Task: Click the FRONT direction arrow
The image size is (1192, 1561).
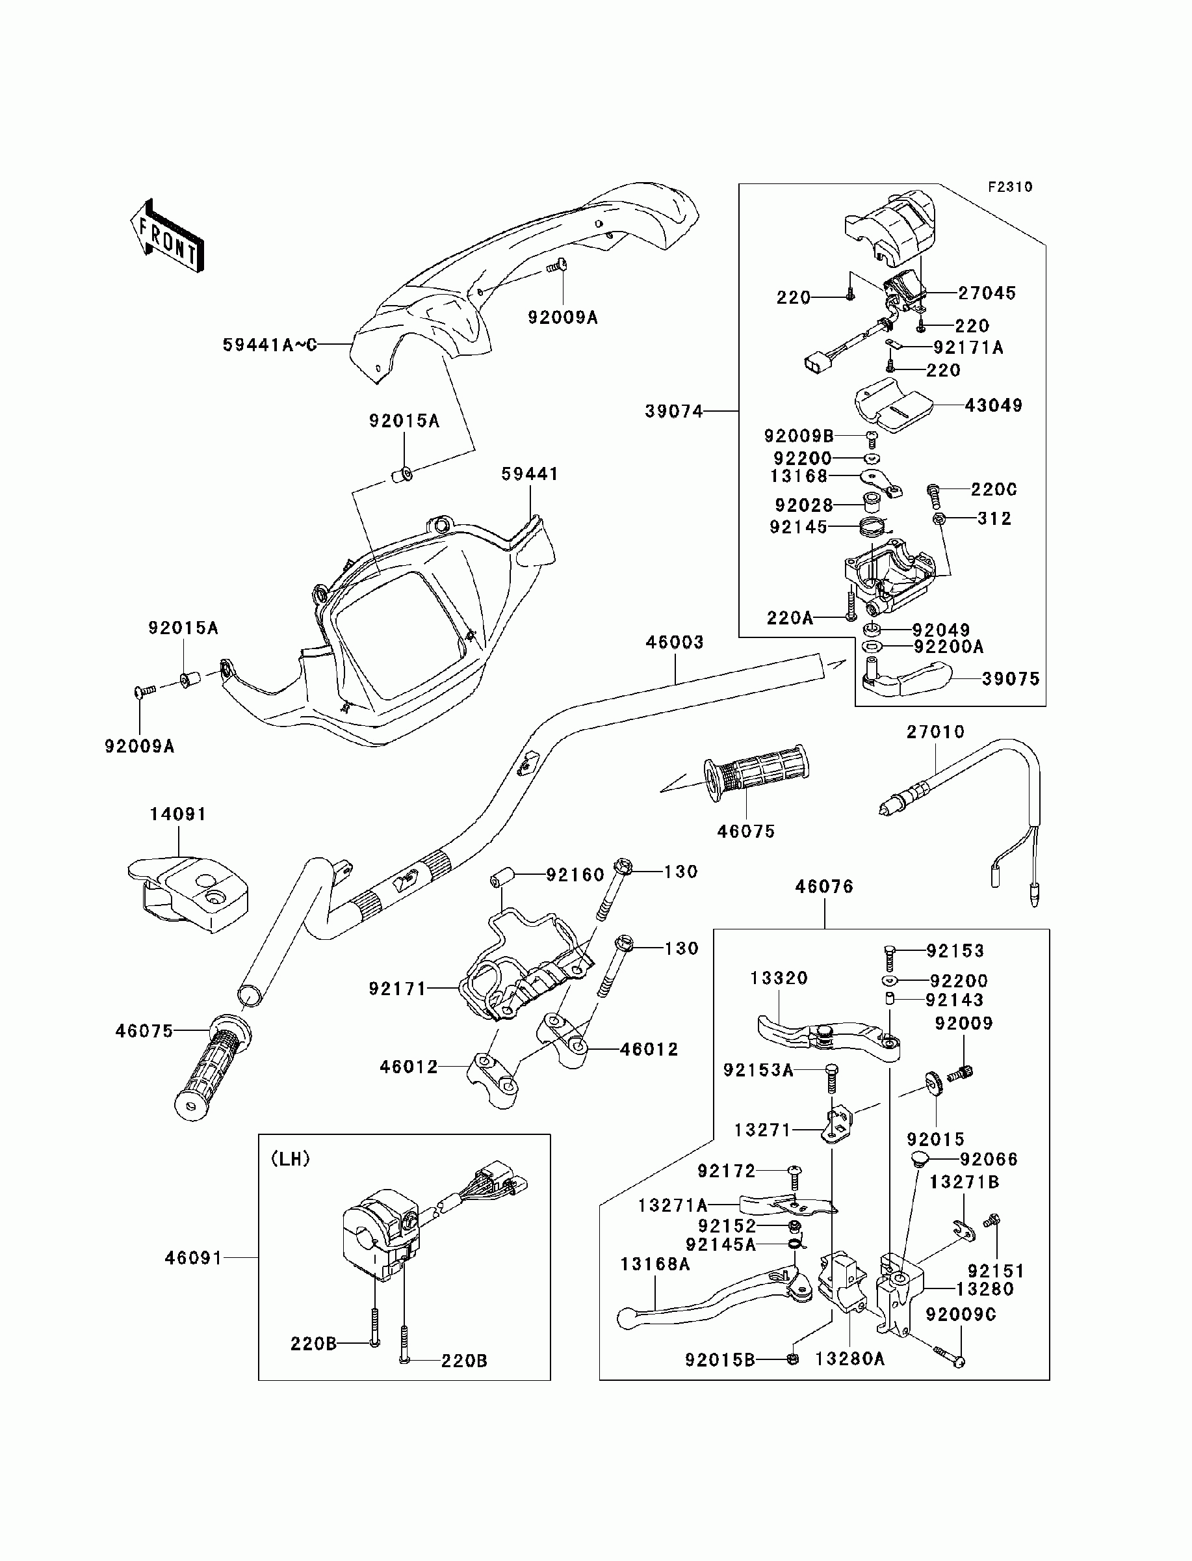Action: click(x=168, y=236)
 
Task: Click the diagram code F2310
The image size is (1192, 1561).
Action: click(x=1011, y=187)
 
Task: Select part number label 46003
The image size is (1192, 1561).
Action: click(x=675, y=643)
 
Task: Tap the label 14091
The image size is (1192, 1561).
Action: click(x=178, y=814)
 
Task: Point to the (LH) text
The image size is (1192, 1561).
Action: click(x=290, y=1158)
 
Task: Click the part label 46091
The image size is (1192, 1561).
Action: click(x=194, y=1258)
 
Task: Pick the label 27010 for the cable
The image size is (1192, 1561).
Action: click(x=936, y=732)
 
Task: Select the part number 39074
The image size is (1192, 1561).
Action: click(x=674, y=411)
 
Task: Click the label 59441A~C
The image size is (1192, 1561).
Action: click(x=270, y=345)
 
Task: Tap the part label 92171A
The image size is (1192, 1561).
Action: click(x=968, y=347)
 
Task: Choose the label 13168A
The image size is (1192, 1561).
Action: click(x=655, y=1264)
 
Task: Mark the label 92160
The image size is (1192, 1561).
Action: click(x=575, y=875)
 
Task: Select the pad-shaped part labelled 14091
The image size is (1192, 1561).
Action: click(x=188, y=893)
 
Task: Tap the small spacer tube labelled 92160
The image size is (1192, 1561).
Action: click(x=502, y=875)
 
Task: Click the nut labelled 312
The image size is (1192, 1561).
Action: click(x=939, y=519)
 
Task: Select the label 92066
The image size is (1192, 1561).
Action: click(x=989, y=1159)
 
